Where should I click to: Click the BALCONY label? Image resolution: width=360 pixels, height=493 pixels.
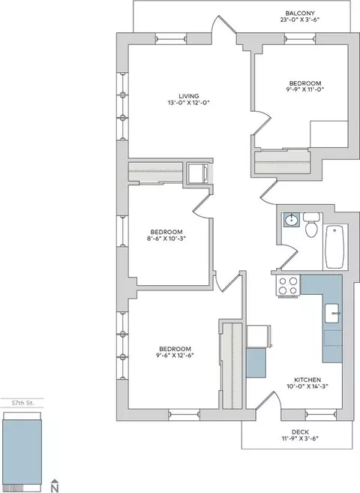coord(300,14)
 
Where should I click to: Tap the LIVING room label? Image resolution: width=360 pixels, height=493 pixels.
coord(189,96)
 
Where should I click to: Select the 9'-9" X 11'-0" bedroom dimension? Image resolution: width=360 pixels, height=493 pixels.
coord(303,89)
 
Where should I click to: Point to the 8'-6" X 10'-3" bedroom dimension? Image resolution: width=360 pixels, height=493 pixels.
coord(166,239)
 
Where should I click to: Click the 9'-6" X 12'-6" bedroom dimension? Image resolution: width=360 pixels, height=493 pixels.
coord(175,355)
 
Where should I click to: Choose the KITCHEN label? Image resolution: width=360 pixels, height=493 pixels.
coord(307,380)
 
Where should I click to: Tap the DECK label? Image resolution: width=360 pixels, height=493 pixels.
coord(300,432)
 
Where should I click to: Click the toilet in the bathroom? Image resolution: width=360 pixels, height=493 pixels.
coord(311,224)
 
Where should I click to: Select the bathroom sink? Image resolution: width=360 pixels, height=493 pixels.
coord(292,220)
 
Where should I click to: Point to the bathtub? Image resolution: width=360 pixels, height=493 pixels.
coord(334,247)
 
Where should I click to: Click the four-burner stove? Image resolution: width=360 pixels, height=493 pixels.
coord(288,286)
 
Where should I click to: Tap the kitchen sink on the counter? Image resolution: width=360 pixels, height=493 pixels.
coord(331,313)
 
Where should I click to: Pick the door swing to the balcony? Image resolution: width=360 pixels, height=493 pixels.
coord(224,25)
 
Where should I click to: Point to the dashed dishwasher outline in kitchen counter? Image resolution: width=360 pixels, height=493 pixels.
coord(333,338)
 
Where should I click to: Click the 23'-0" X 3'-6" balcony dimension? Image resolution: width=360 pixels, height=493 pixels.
coord(300,20)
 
